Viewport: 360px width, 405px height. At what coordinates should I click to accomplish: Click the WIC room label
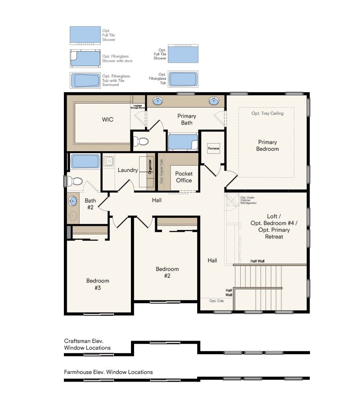point(108,120)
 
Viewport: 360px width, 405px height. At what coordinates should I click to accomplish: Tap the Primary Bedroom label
point(267,145)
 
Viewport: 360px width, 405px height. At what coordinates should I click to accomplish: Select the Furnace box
point(213,148)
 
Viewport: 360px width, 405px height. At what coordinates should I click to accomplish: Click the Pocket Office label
point(184,177)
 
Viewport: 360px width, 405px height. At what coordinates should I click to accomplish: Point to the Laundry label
point(128,170)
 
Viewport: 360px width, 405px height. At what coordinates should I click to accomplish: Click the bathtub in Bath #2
point(85,161)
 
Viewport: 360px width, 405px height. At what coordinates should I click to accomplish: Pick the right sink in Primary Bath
point(213,101)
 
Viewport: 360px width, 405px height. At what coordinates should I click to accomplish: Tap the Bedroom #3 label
point(98,284)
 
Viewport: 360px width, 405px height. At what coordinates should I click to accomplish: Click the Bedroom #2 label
point(167,272)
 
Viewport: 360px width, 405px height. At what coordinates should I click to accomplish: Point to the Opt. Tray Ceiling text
point(267,113)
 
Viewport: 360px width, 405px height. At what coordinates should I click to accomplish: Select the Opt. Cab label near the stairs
point(216,301)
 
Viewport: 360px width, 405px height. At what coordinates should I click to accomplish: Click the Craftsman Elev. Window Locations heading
point(87,345)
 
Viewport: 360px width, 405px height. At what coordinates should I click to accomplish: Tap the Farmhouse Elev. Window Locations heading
point(108,372)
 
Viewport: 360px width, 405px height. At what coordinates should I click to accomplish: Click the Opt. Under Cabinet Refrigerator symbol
point(232,200)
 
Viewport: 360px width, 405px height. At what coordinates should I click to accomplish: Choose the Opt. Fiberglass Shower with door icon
point(85,58)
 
